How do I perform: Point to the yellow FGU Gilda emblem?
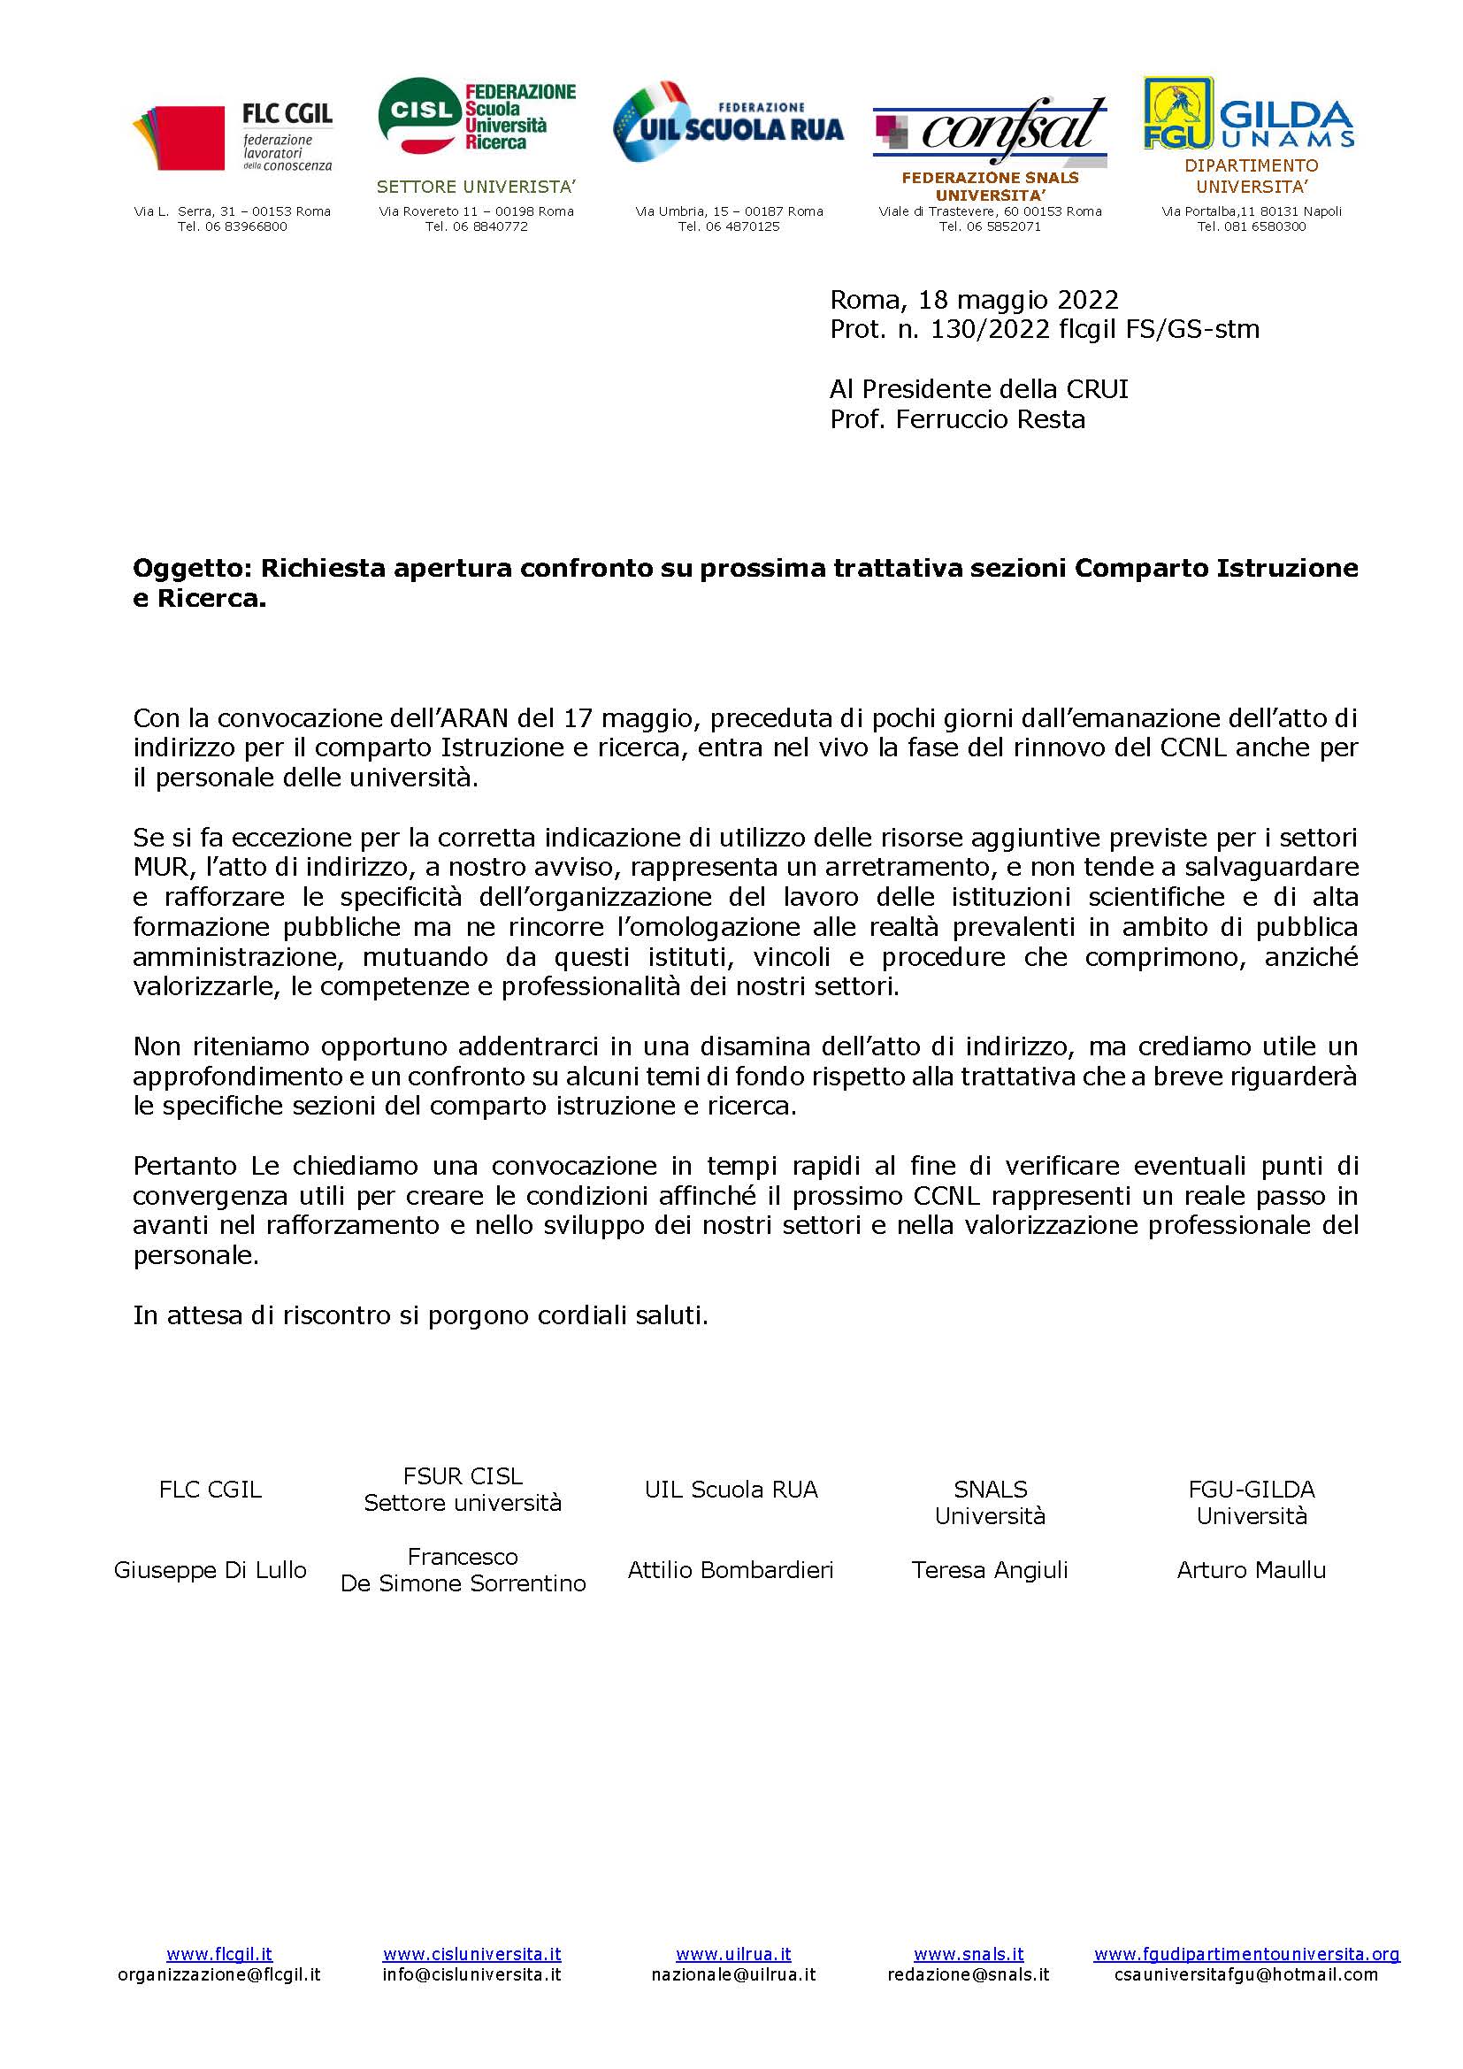point(1176,111)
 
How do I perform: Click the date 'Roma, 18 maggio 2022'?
point(974,299)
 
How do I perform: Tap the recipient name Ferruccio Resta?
point(990,420)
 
